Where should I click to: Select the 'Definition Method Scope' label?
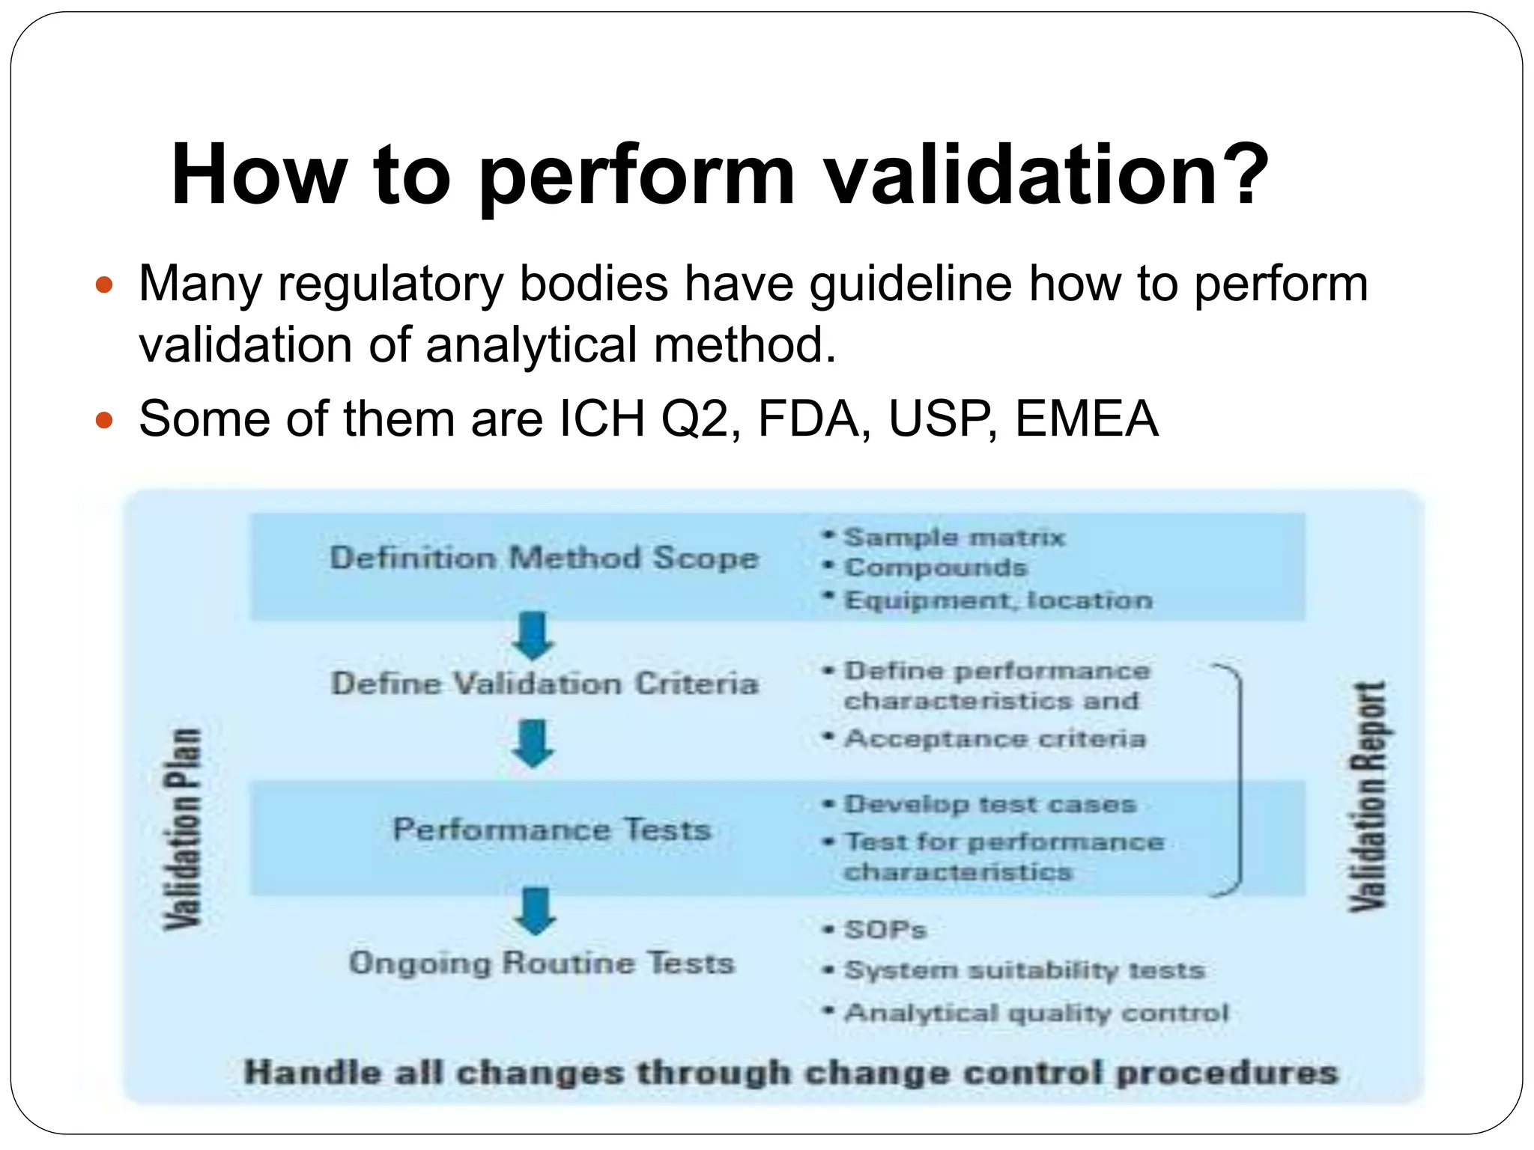pyautogui.click(x=545, y=559)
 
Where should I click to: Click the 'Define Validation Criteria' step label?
pyautogui.click(x=545, y=684)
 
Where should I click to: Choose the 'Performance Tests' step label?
pyautogui.click(x=551, y=830)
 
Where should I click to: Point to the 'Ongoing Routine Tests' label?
pyautogui.click(x=542, y=963)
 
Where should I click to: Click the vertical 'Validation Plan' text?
pyautogui.click(x=183, y=828)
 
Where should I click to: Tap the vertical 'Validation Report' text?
pyautogui.click(x=1368, y=797)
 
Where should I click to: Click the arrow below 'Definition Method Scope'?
pyautogui.click(x=533, y=636)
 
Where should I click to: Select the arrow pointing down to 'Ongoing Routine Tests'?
pyautogui.click(x=535, y=911)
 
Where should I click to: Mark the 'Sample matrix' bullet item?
pyautogui.click(x=954, y=538)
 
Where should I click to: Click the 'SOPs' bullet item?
pyautogui.click(x=885, y=930)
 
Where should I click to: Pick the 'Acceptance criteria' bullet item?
pyautogui.click(x=995, y=739)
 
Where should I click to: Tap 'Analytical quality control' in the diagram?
pyautogui.click(x=1036, y=1013)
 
